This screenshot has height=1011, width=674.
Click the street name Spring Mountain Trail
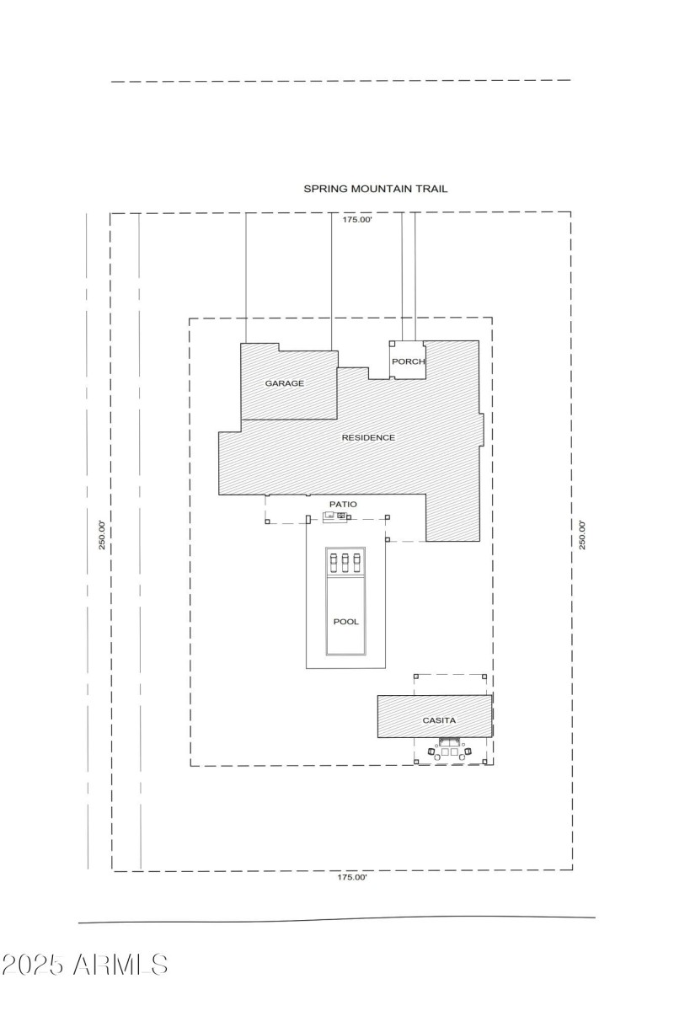(x=375, y=190)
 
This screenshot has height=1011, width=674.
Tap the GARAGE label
(x=284, y=383)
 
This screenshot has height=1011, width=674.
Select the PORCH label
(x=408, y=361)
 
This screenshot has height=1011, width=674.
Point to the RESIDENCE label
(x=367, y=437)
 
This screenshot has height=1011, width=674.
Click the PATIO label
(x=343, y=504)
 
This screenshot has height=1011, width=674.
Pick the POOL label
(x=345, y=622)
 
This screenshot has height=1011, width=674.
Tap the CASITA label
(x=438, y=720)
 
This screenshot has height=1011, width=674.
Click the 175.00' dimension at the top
(x=356, y=220)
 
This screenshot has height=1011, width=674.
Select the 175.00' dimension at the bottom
(x=352, y=877)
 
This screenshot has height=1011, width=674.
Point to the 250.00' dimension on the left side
(x=101, y=535)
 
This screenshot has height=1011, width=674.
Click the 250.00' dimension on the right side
(x=581, y=535)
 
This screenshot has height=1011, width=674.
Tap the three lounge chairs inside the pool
(x=345, y=561)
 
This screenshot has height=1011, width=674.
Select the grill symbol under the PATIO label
(x=335, y=516)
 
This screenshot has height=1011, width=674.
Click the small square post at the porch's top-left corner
(x=392, y=344)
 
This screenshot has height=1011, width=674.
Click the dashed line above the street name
(x=341, y=81)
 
